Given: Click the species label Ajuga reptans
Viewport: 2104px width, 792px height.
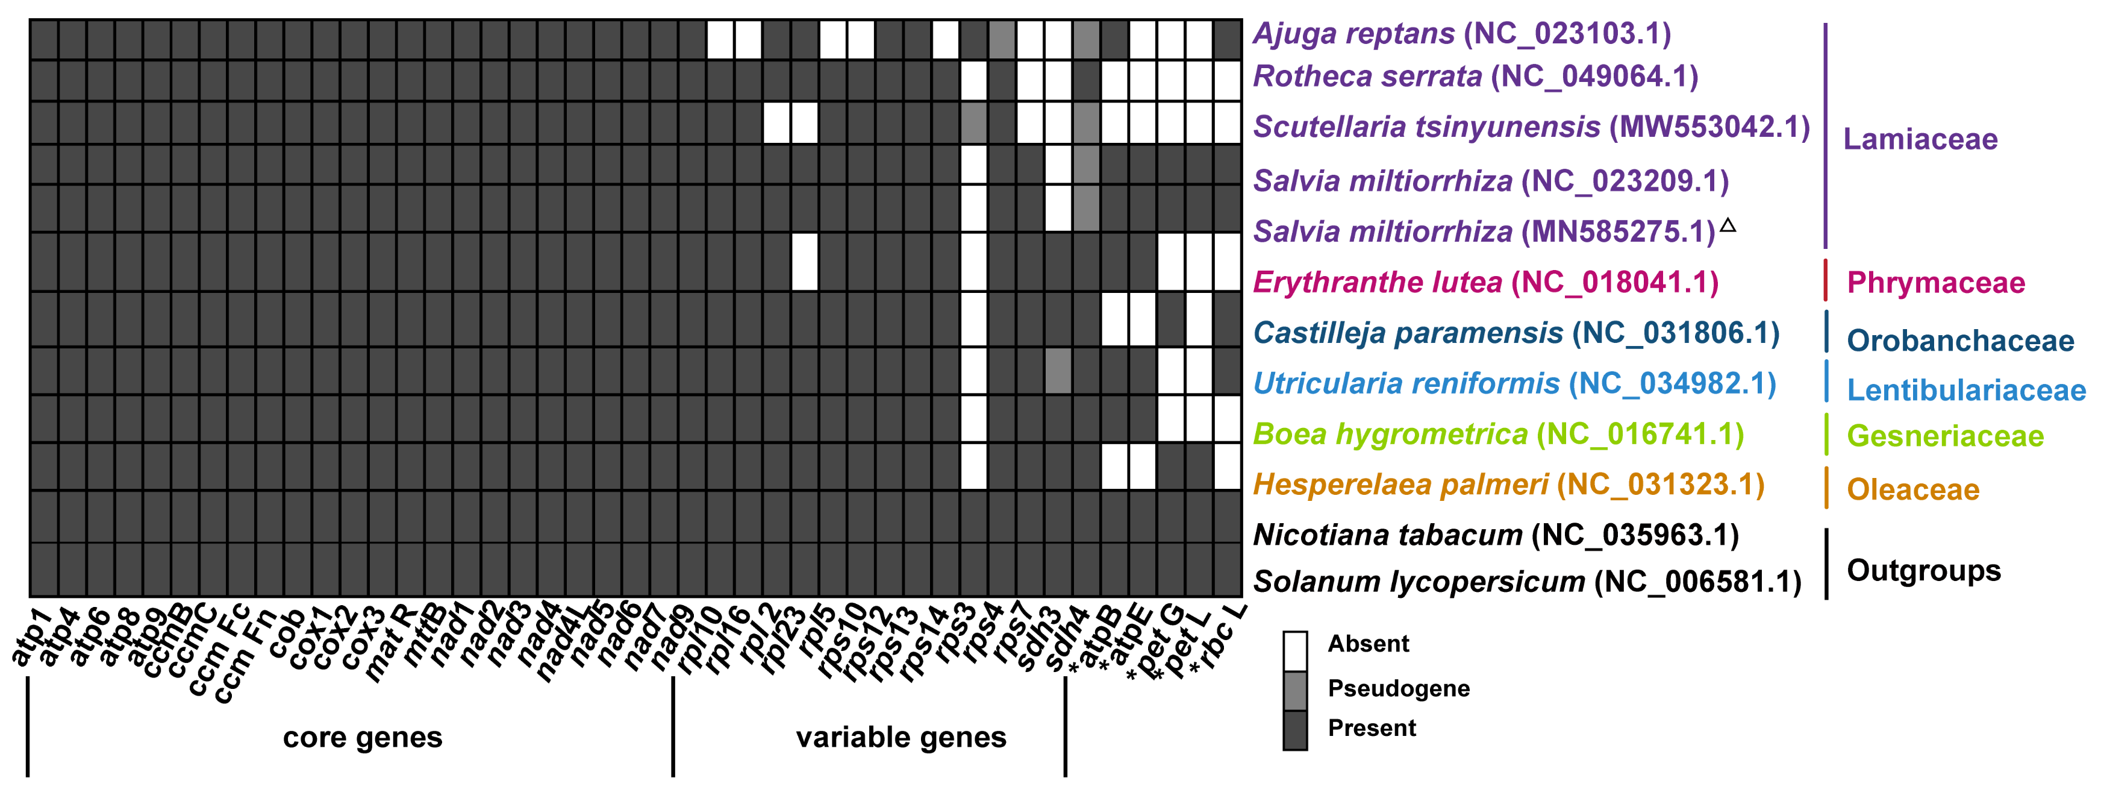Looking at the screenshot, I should click(1461, 34).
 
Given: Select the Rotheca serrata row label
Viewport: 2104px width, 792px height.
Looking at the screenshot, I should click(1475, 76).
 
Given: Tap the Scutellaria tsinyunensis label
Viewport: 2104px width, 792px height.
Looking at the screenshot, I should click(1531, 127).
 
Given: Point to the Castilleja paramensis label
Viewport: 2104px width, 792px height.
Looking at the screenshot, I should click(1516, 333).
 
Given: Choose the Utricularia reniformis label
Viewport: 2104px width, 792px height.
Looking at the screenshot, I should click(1514, 383).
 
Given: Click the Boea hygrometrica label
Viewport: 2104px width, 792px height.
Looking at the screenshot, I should click(1498, 434).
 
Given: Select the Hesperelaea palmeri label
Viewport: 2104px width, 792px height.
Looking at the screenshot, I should click(1508, 485).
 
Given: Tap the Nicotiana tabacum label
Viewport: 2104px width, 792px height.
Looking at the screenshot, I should click(1496, 535).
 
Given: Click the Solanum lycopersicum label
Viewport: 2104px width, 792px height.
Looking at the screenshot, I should click(1526, 582).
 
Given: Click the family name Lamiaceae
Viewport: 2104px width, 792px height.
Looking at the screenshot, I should click(1920, 139).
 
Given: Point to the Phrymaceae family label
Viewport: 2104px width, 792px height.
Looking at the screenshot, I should click(1936, 283).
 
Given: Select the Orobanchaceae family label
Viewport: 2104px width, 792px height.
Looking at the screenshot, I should click(1960, 341).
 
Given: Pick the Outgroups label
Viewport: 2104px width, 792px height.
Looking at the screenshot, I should click(1923, 571).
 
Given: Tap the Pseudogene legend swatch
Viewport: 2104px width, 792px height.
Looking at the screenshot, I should click(1294, 691).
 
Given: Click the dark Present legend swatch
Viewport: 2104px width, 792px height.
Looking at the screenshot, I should click(1294, 730).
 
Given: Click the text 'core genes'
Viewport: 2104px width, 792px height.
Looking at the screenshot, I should click(362, 737).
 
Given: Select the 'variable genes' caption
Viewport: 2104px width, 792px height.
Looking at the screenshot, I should click(901, 737).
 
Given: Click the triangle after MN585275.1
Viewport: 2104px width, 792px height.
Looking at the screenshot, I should click(1728, 225).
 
